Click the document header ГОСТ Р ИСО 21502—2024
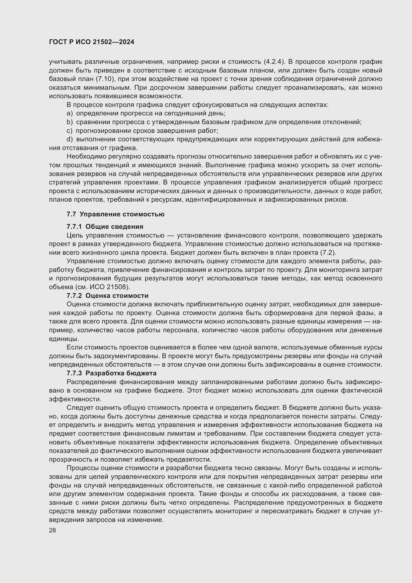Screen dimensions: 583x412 [x=92, y=42]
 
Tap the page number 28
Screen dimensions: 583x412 [x=53, y=530]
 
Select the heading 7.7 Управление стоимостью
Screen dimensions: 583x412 [x=115, y=214]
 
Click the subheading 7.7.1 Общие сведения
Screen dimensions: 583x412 [x=105, y=227]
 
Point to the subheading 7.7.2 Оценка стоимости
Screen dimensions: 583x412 [x=107, y=296]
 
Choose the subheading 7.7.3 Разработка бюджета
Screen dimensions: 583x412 [x=111, y=373]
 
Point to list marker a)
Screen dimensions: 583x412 [x=69, y=113]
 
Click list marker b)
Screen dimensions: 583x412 [x=69, y=122]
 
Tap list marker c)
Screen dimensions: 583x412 [x=69, y=131]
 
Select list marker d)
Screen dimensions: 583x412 [x=69, y=139]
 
